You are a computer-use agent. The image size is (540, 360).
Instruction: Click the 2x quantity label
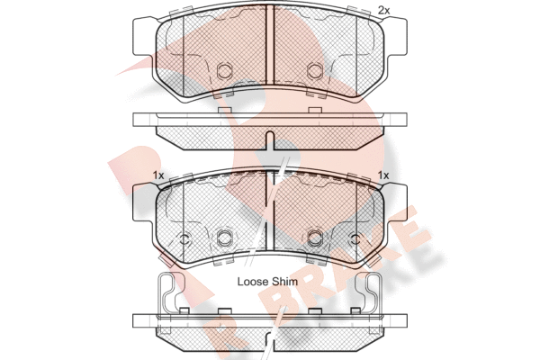384,10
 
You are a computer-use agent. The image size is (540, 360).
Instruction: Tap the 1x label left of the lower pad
157,175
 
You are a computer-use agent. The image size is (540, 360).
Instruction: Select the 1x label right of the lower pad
383,175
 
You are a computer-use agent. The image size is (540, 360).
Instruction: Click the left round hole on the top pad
225,69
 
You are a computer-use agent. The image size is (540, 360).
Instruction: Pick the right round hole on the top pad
315,69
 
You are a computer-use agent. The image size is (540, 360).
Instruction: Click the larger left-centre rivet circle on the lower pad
225,238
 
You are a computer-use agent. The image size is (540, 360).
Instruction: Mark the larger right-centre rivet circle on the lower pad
315,238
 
